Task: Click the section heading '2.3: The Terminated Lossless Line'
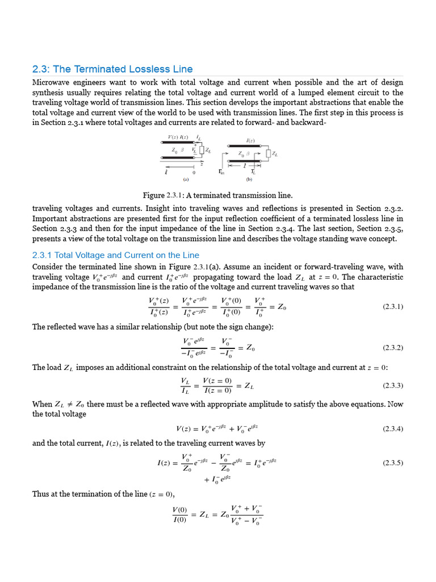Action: [112, 69]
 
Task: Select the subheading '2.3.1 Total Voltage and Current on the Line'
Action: [116, 255]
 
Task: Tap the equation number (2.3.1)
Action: [392, 306]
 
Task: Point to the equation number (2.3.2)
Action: [392, 347]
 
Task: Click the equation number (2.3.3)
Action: [392, 385]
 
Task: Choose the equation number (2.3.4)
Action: [392, 429]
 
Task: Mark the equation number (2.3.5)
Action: [392, 463]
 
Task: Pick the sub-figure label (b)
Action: [249, 178]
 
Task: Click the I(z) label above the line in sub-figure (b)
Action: [250, 140]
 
